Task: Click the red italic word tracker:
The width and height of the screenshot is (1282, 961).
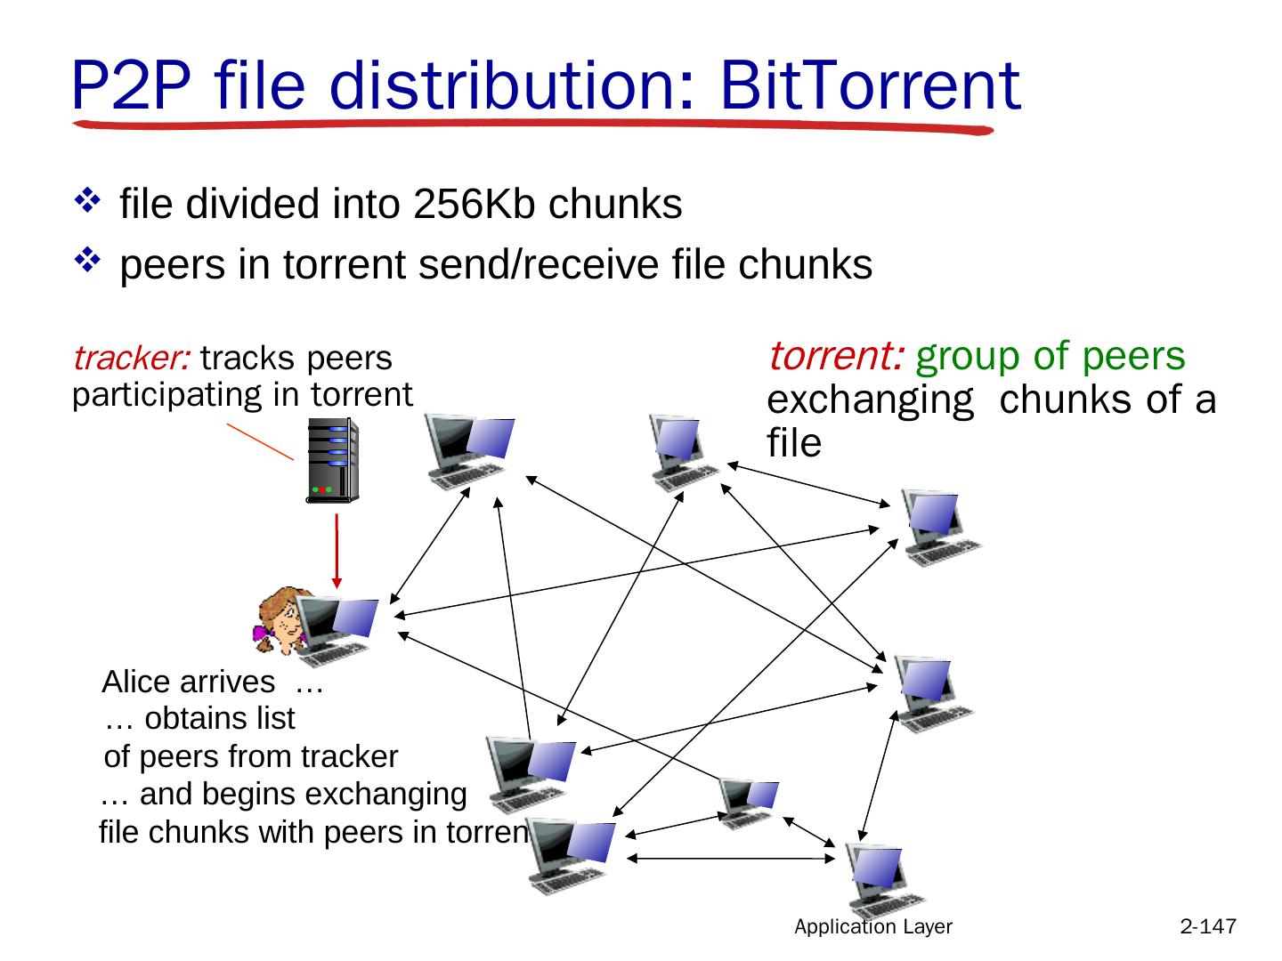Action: [131, 359]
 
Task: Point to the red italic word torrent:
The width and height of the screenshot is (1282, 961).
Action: [837, 356]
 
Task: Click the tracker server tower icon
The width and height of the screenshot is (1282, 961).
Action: [331, 461]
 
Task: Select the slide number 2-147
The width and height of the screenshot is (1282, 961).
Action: [1208, 927]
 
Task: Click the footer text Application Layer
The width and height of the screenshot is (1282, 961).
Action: [873, 927]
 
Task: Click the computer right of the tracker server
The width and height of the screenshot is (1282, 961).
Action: [467, 451]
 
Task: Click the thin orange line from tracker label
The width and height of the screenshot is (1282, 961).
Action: [260, 441]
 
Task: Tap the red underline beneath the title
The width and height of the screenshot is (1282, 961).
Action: [534, 126]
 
